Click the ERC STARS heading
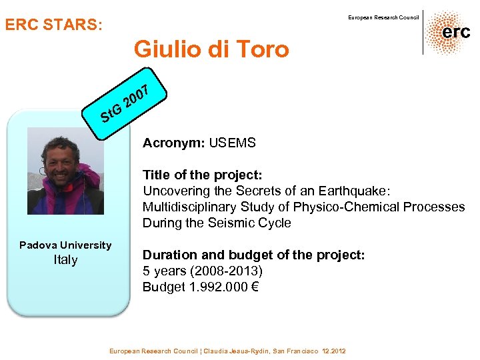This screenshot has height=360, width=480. (x=54, y=25)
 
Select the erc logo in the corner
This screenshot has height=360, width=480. (x=447, y=32)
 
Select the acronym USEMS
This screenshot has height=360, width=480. (x=232, y=143)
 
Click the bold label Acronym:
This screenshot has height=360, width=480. (x=174, y=143)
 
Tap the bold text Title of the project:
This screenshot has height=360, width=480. (x=203, y=175)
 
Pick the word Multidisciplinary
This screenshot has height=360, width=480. (x=189, y=207)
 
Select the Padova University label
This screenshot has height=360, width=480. (x=65, y=245)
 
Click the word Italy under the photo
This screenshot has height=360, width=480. (x=65, y=260)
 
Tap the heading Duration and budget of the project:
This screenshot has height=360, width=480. (x=253, y=255)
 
